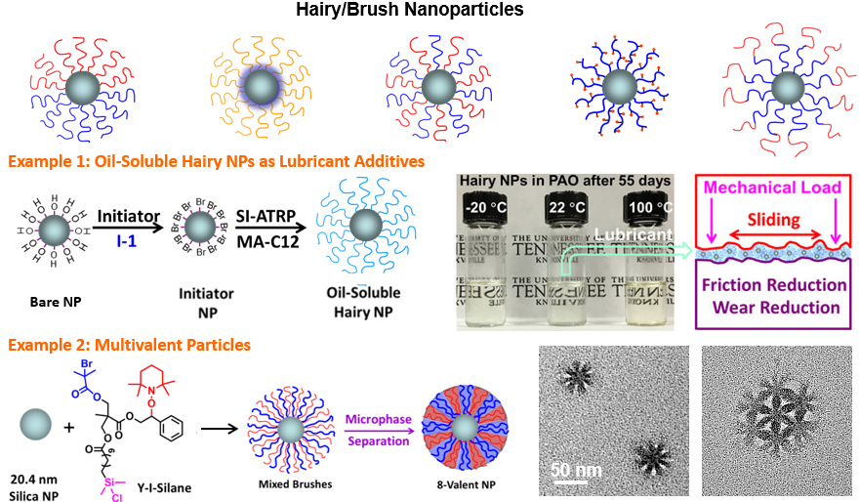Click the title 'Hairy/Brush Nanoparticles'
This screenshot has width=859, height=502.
(x=429, y=11)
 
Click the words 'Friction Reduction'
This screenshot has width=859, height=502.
(x=774, y=285)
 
